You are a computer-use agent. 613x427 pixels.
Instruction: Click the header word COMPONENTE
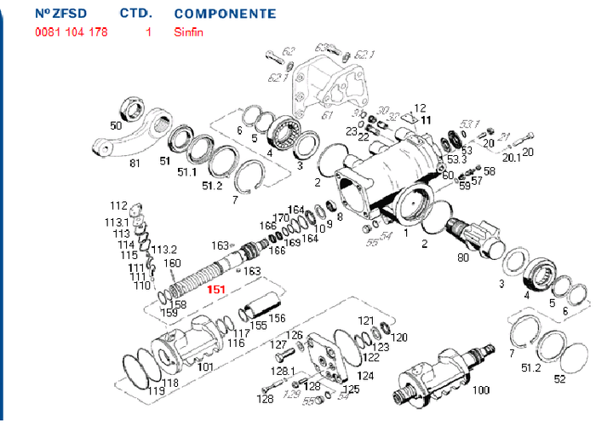click(x=225, y=14)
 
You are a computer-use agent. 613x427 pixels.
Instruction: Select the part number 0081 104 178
click(x=71, y=32)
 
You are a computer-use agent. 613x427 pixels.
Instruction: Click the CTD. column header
click(x=135, y=14)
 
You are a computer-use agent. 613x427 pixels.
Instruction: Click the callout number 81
click(x=135, y=164)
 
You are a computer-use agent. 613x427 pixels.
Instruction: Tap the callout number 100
click(x=481, y=389)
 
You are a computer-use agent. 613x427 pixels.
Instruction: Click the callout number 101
click(x=204, y=367)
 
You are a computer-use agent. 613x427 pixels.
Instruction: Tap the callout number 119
click(x=156, y=391)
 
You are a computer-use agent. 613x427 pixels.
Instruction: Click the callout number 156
click(x=277, y=318)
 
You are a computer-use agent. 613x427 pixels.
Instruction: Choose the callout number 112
click(x=117, y=206)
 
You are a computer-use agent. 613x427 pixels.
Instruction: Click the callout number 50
click(x=116, y=125)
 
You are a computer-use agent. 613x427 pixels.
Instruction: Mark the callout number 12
click(x=418, y=107)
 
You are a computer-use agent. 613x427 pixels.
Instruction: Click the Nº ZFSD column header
click(x=64, y=14)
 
